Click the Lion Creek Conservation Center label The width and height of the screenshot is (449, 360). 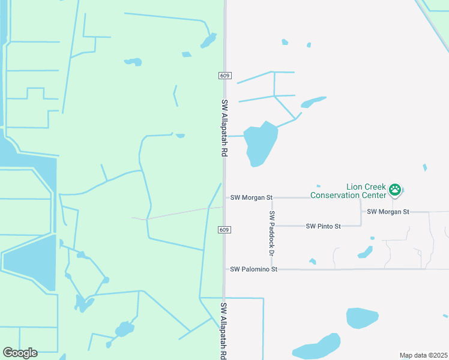click(348, 191)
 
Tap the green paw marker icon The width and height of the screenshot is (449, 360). click(395, 190)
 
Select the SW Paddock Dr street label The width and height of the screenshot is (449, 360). click(272, 233)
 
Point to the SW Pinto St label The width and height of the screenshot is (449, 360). click(323, 226)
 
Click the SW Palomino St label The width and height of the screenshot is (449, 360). click(254, 269)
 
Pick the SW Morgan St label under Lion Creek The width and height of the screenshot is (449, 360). click(388, 212)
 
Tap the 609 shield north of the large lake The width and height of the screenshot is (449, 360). click(224, 76)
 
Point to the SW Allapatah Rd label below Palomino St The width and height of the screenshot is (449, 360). click(223, 330)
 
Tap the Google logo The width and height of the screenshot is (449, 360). click(20, 353)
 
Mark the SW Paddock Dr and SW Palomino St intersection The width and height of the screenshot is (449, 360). click(272, 269)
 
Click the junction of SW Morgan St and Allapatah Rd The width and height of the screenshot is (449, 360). click(224, 197)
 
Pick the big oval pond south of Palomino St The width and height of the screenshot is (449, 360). click(362, 318)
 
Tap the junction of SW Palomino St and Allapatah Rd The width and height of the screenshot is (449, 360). click(224, 269)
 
